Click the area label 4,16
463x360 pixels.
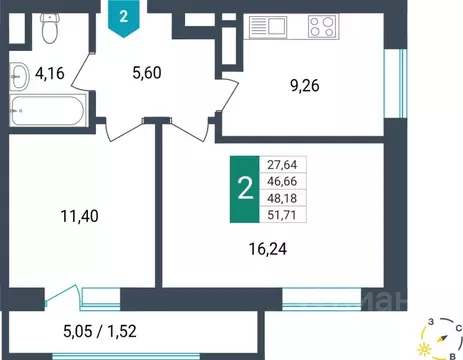pos(51,73)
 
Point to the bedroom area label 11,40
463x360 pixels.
pos(81,213)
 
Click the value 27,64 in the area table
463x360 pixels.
pos(289,165)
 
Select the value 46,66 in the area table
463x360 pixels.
pos(289,182)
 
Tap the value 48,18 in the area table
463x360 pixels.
pos(289,198)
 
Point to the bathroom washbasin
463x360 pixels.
pos(20,72)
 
